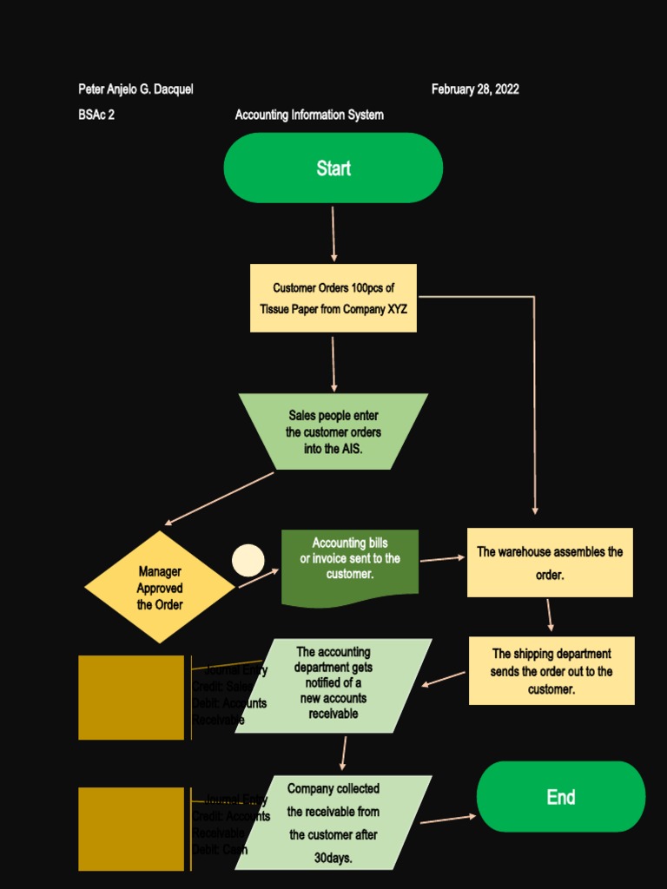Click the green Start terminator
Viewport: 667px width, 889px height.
(333, 168)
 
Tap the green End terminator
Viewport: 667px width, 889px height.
(561, 796)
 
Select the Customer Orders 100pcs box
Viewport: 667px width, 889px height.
(333, 298)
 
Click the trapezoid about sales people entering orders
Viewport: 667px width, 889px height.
(333, 431)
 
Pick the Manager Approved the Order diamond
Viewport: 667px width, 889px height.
(160, 588)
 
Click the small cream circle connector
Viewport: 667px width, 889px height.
(248, 560)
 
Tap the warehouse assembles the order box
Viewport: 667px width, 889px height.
(550, 562)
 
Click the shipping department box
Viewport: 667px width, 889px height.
(551, 670)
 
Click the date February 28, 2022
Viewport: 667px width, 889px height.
(475, 89)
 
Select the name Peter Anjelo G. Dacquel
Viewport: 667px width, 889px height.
(135, 89)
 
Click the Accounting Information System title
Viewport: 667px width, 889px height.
(309, 115)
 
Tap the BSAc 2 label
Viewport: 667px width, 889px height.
(96, 115)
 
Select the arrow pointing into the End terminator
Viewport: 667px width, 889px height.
(448, 819)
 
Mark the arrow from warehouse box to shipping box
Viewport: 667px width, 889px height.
(550, 615)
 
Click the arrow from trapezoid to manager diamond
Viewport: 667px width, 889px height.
(220, 498)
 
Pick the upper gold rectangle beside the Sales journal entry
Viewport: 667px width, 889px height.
(131, 697)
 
